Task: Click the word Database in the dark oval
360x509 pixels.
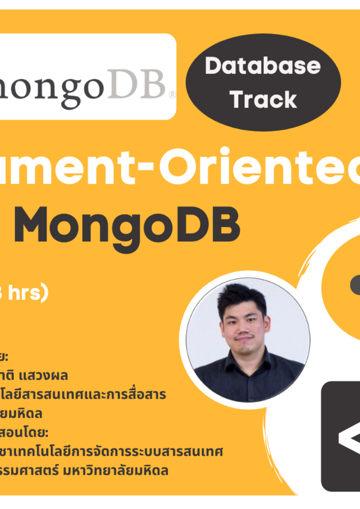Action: (263, 67)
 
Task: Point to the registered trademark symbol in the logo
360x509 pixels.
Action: (171, 95)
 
